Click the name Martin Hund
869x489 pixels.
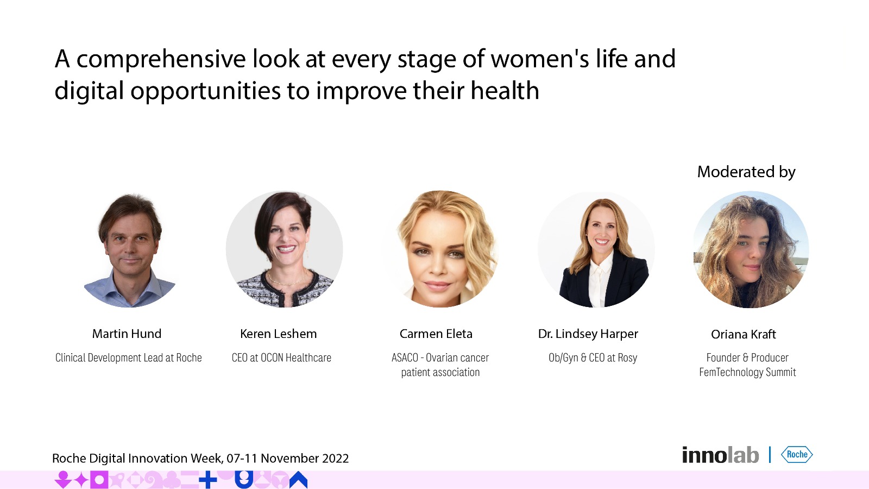click(x=127, y=334)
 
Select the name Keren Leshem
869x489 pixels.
click(x=278, y=334)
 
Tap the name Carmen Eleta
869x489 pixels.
click(x=436, y=334)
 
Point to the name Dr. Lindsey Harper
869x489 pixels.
click(x=588, y=334)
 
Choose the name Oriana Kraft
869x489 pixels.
click(x=744, y=334)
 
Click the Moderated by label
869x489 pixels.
click(x=746, y=172)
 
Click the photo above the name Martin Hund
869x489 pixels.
click(x=130, y=249)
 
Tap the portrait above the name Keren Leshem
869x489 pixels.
click(x=285, y=249)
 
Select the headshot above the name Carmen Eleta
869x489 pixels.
click(x=440, y=249)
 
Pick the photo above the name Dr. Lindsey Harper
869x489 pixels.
click(x=596, y=249)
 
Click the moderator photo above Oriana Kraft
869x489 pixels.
click(x=751, y=249)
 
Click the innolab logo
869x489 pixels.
click(x=720, y=455)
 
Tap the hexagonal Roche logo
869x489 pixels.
click(x=797, y=454)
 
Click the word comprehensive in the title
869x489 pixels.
click(x=161, y=59)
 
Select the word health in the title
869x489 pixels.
click(x=505, y=91)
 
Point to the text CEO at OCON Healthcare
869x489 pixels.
click(x=281, y=358)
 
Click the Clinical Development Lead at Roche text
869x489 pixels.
click(x=128, y=358)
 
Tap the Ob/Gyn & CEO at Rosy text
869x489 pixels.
click(x=593, y=358)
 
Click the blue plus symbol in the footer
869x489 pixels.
click(x=208, y=480)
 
